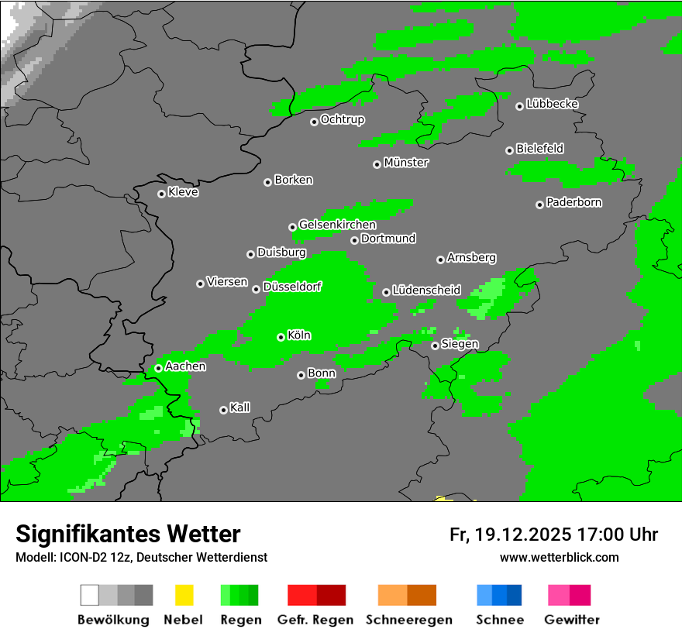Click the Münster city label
pos(406,163)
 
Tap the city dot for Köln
pos(281,337)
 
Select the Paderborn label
pos(573,202)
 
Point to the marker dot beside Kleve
pos(161,194)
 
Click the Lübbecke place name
pos(552,104)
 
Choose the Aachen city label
pos(185,366)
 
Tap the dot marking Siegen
pos(435,346)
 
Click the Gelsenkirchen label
pos(337,225)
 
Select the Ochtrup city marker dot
pos(314,122)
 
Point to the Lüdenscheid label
pos(426,290)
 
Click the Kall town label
pos(240,407)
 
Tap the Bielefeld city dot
pos(509,150)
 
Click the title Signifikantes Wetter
pos(128,535)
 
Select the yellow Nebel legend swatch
pos(184,595)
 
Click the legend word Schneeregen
pos(408,620)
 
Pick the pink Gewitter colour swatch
pos(559,595)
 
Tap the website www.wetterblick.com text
pos(559,557)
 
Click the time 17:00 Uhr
pos(618,535)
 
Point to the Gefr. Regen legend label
pos(315,620)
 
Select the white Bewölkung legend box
pos(90,595)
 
